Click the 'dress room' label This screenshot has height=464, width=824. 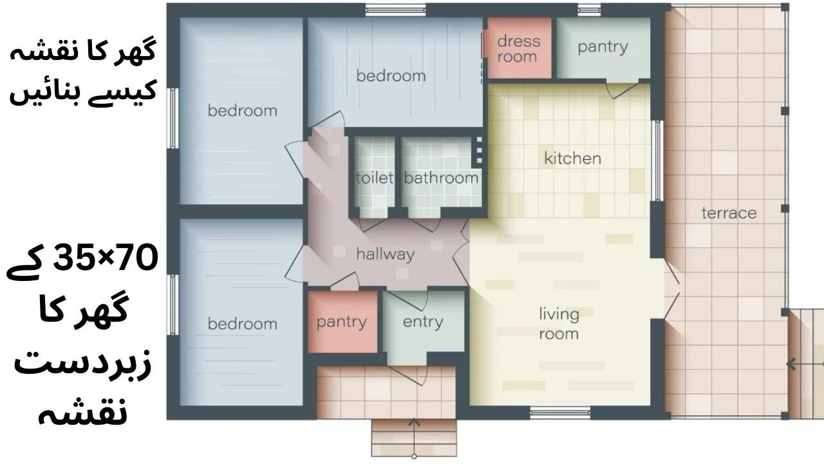[519, 48]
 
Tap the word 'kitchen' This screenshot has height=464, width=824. [572, 159]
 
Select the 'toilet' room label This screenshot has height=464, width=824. [375, 178]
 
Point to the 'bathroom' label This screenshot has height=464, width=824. [441, 178]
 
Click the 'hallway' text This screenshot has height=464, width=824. [386, 255]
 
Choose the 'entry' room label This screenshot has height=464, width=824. [423, 322]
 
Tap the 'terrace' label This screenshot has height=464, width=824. [729, 213]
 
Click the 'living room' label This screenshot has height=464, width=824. [559, 324]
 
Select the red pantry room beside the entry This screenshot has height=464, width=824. [342, 322]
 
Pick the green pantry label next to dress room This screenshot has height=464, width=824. [603, 48]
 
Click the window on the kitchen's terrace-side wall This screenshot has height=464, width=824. [657, 160]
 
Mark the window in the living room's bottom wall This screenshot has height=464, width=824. [560, 413]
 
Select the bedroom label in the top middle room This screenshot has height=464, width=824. [391, 76]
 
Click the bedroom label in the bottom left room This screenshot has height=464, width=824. [243, 324]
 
